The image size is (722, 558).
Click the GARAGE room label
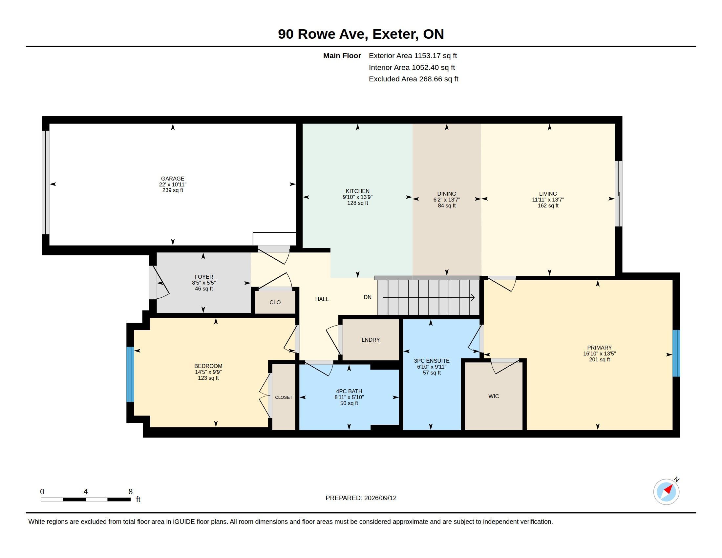(173, 179)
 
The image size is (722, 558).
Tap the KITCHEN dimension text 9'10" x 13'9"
(357, 197)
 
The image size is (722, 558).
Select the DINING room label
(447, 194)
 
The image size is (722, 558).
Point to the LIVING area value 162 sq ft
(548, 205)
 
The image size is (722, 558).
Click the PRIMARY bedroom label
(599, 347)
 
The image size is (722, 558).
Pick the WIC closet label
(494, 396)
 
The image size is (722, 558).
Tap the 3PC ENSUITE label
(432, 361)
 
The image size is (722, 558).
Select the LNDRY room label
(371, 339)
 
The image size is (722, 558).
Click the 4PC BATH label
(349, 391)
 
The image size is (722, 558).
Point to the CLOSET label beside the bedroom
(284, 397)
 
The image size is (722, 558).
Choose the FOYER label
(204, 277)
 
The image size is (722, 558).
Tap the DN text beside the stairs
(368, 297)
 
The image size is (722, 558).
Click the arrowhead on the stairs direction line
(473, 297)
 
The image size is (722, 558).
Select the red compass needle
(668, 490)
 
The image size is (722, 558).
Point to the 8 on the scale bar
(131, 492)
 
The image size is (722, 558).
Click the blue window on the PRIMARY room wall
(676, 353)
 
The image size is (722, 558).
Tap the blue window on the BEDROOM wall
(130, 374)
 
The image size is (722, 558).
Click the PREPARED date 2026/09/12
(380, 498)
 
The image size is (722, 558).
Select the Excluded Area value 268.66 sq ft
(439, 79)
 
